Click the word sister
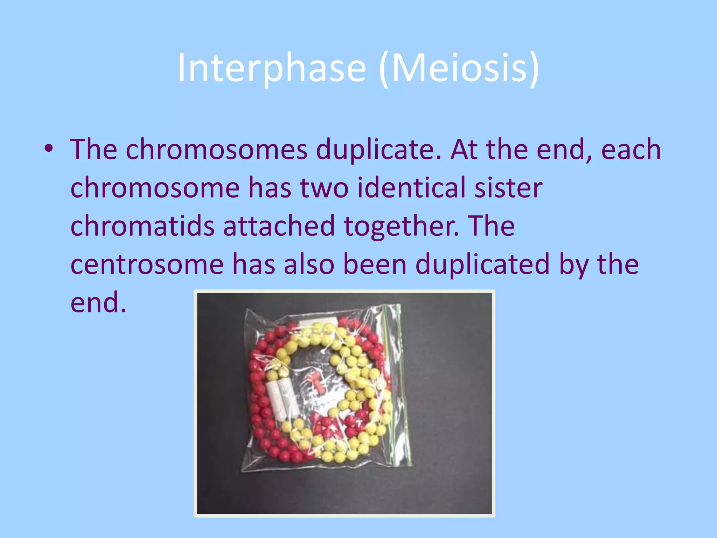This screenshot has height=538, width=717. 508,188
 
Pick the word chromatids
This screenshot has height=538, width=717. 142,226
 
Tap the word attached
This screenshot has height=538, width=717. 279,226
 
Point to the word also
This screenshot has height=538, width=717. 309,264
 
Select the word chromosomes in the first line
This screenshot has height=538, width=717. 216,150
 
